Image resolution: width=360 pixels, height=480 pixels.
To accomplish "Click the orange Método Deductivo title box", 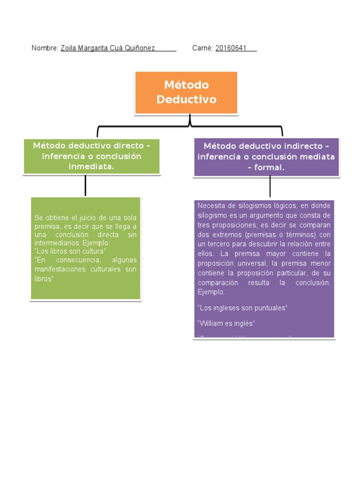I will (186, 92).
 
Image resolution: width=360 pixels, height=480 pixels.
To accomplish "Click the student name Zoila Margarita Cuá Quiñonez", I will (108, 48).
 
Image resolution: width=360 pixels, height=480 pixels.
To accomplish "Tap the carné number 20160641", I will (231, 48).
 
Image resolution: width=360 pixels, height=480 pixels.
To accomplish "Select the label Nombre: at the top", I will (45, 48).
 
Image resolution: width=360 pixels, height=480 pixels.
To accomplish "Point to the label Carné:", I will (203, 48).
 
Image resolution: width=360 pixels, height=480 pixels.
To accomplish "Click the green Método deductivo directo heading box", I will (92, 156).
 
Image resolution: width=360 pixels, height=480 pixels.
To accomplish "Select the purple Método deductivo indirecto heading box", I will (266, 157).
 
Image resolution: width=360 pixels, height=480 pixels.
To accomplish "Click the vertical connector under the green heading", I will (85, 185).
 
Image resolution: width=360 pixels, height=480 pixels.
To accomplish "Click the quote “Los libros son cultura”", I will (70, 252).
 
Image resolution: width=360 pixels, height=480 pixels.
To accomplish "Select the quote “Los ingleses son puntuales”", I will (242, 308).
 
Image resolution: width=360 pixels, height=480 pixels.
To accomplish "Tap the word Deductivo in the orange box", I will (186, 99).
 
